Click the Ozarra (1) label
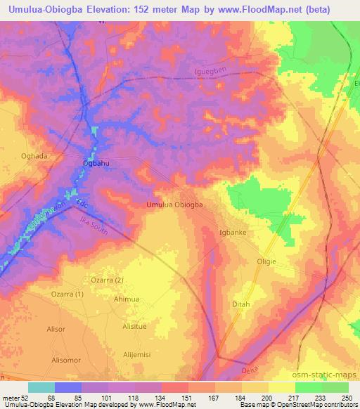coord(67,293)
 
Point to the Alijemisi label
coord(139,355)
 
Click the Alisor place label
coord(37,327)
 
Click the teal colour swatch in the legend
coord(41,387)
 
